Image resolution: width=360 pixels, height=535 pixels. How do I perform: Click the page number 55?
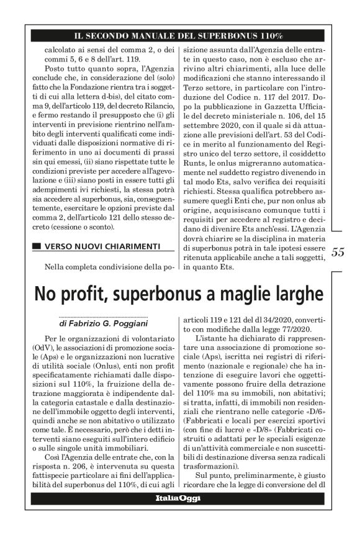click(338, 253)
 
